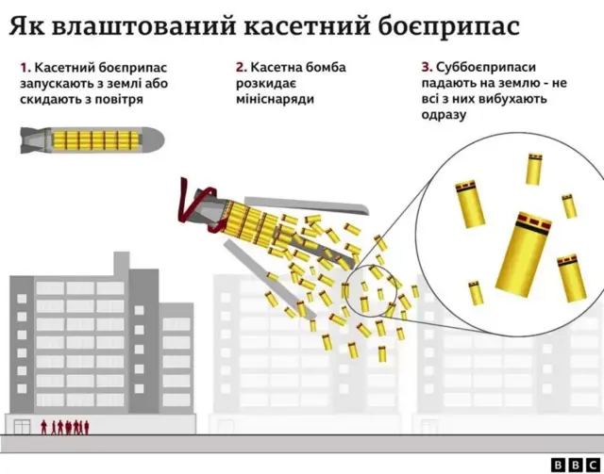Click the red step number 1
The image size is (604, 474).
(24, 67)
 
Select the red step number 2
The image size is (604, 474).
(241, 67)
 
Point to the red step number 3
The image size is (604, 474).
(427, 67)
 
